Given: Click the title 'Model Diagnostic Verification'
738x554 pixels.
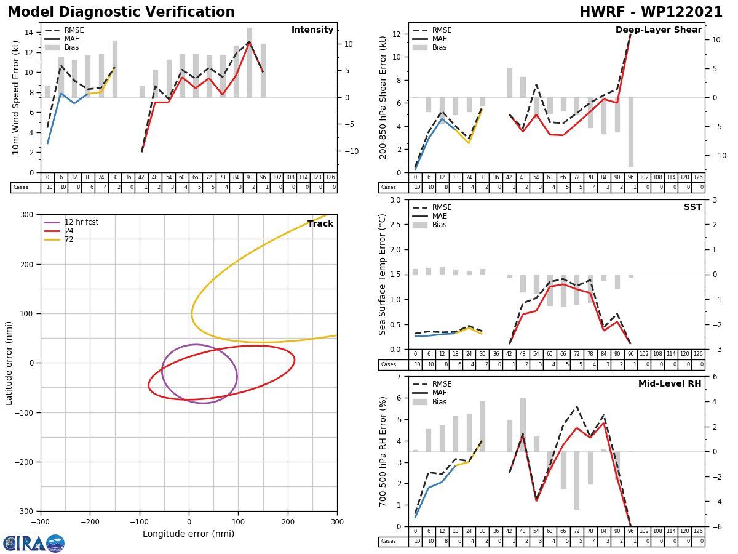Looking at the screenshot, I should tap(121, 12).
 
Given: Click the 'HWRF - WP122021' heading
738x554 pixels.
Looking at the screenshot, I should tap(651, 12).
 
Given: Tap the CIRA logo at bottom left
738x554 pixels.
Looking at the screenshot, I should tap(34, 543).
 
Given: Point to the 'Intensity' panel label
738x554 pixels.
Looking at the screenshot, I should tap(312, 30).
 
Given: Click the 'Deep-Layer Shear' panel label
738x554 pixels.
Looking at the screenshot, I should tap(658, 30).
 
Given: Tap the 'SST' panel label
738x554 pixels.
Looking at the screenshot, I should tap(692, 207).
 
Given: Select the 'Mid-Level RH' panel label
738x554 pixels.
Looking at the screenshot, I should tap(670, 384).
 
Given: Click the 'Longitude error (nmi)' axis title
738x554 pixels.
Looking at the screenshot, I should tap(188, 534).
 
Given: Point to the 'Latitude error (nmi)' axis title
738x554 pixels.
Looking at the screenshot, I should tap(9, 363).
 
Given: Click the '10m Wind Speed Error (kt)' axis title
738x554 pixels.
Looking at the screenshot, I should tap(16, 97).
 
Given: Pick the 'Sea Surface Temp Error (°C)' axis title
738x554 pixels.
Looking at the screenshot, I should tap(383, 274).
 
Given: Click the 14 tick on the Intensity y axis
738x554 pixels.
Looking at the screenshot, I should tap(29, 33).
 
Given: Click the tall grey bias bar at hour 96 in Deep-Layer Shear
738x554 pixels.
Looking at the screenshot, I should tap(630, 132).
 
